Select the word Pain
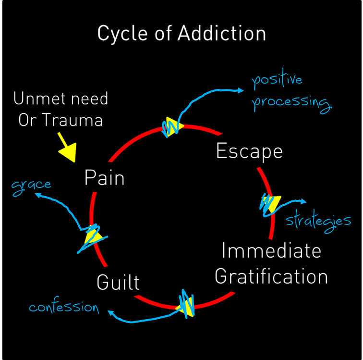(x=104, y=178)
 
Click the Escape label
(x=249, y=151)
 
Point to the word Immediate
(x=271, y=251)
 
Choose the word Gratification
(x=271, y=277)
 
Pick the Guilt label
(x=118, y=282)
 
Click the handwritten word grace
(x=31, y=185)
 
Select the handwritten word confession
(x=64, y=307)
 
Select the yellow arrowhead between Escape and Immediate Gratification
(x=270, y=204)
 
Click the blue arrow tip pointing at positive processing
(x=242, y=90)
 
